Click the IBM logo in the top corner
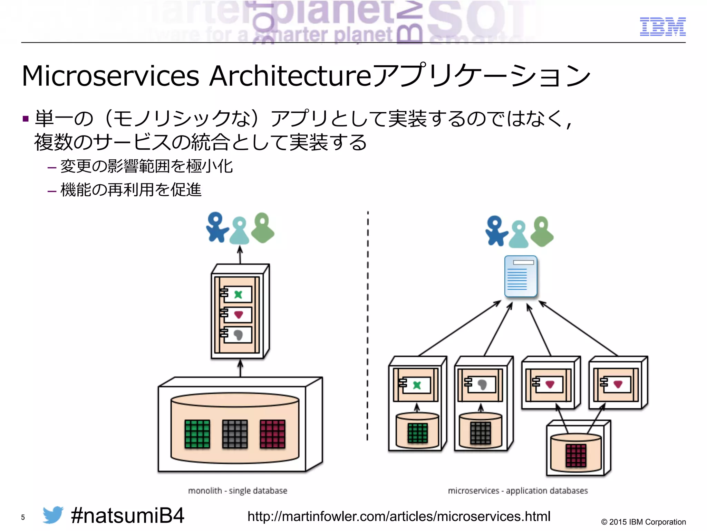662,27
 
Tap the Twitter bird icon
53,515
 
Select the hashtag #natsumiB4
127,515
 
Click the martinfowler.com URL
399,516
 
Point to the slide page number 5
23,518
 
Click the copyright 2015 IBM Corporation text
643,522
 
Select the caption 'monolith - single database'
238,491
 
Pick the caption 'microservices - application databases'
517,491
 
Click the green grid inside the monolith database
197,434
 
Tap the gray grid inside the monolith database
235,434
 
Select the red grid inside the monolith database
272,434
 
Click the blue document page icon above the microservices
521,276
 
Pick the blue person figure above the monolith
216,227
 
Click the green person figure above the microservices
542,232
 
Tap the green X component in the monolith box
238,295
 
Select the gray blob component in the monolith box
238,335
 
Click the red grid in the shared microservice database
575,455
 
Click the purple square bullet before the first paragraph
25,119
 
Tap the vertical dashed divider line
368,325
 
